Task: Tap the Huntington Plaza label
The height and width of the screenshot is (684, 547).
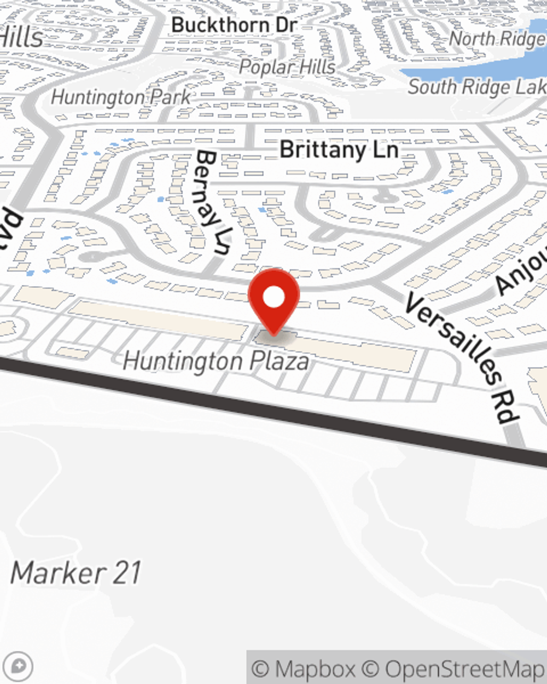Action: click(216, 362)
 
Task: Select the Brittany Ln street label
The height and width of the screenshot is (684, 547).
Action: click(339, 149)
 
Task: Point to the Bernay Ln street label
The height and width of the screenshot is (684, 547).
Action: click(212, 202)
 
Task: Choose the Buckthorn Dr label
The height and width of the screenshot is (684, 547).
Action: click(234, 25)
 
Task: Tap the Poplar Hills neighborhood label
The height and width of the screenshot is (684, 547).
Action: click(287, 67)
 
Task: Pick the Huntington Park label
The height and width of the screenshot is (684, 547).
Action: click(121, 97)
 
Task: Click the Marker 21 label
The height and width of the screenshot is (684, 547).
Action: click(76, 573)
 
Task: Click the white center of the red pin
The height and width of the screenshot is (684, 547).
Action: click(273, 298)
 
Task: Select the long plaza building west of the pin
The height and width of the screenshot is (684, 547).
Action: click(159, 320)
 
